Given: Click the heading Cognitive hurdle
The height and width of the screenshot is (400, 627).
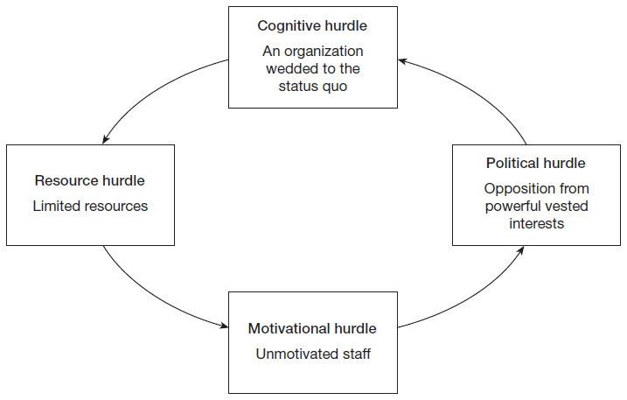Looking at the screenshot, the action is click(312, 26).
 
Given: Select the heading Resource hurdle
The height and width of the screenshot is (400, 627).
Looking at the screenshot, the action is click(89, 180).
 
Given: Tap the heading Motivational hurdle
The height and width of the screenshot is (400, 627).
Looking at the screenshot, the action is click(312, 329).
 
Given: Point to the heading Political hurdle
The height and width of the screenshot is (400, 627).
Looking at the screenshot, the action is click(536, 164).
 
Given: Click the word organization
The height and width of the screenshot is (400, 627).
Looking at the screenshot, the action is click(324, 52).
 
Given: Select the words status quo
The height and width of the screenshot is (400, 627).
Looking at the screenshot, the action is click(313, 87).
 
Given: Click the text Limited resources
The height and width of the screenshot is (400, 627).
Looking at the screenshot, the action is click(90, 207).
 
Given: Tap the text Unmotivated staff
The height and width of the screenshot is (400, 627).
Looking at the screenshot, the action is click(313, 354).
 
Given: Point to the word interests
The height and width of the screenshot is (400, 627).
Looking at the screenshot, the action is click(537, 224).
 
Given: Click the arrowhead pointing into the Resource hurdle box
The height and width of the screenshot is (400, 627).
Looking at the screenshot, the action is click(105, 139).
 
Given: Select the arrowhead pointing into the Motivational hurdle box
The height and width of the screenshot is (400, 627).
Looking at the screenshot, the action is click(225, 325).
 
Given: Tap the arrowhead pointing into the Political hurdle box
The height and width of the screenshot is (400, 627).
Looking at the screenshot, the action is click(521, 249).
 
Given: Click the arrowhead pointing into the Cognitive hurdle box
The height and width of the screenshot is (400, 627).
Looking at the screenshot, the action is click(402, 61).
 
